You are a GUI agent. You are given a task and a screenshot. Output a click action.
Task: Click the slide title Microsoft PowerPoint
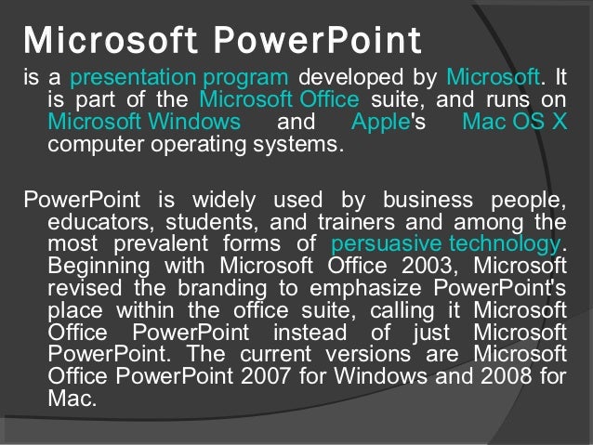click(221, 41)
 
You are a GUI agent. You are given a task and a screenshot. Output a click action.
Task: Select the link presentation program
click(182, 77)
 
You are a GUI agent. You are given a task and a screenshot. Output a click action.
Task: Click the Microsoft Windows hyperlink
click(144, 123)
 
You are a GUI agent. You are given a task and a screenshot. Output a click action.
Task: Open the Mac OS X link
click(514, 123)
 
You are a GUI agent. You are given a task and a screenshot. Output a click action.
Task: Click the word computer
click(93, 144)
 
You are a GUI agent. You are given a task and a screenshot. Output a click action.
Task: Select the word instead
click(309, 332)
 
